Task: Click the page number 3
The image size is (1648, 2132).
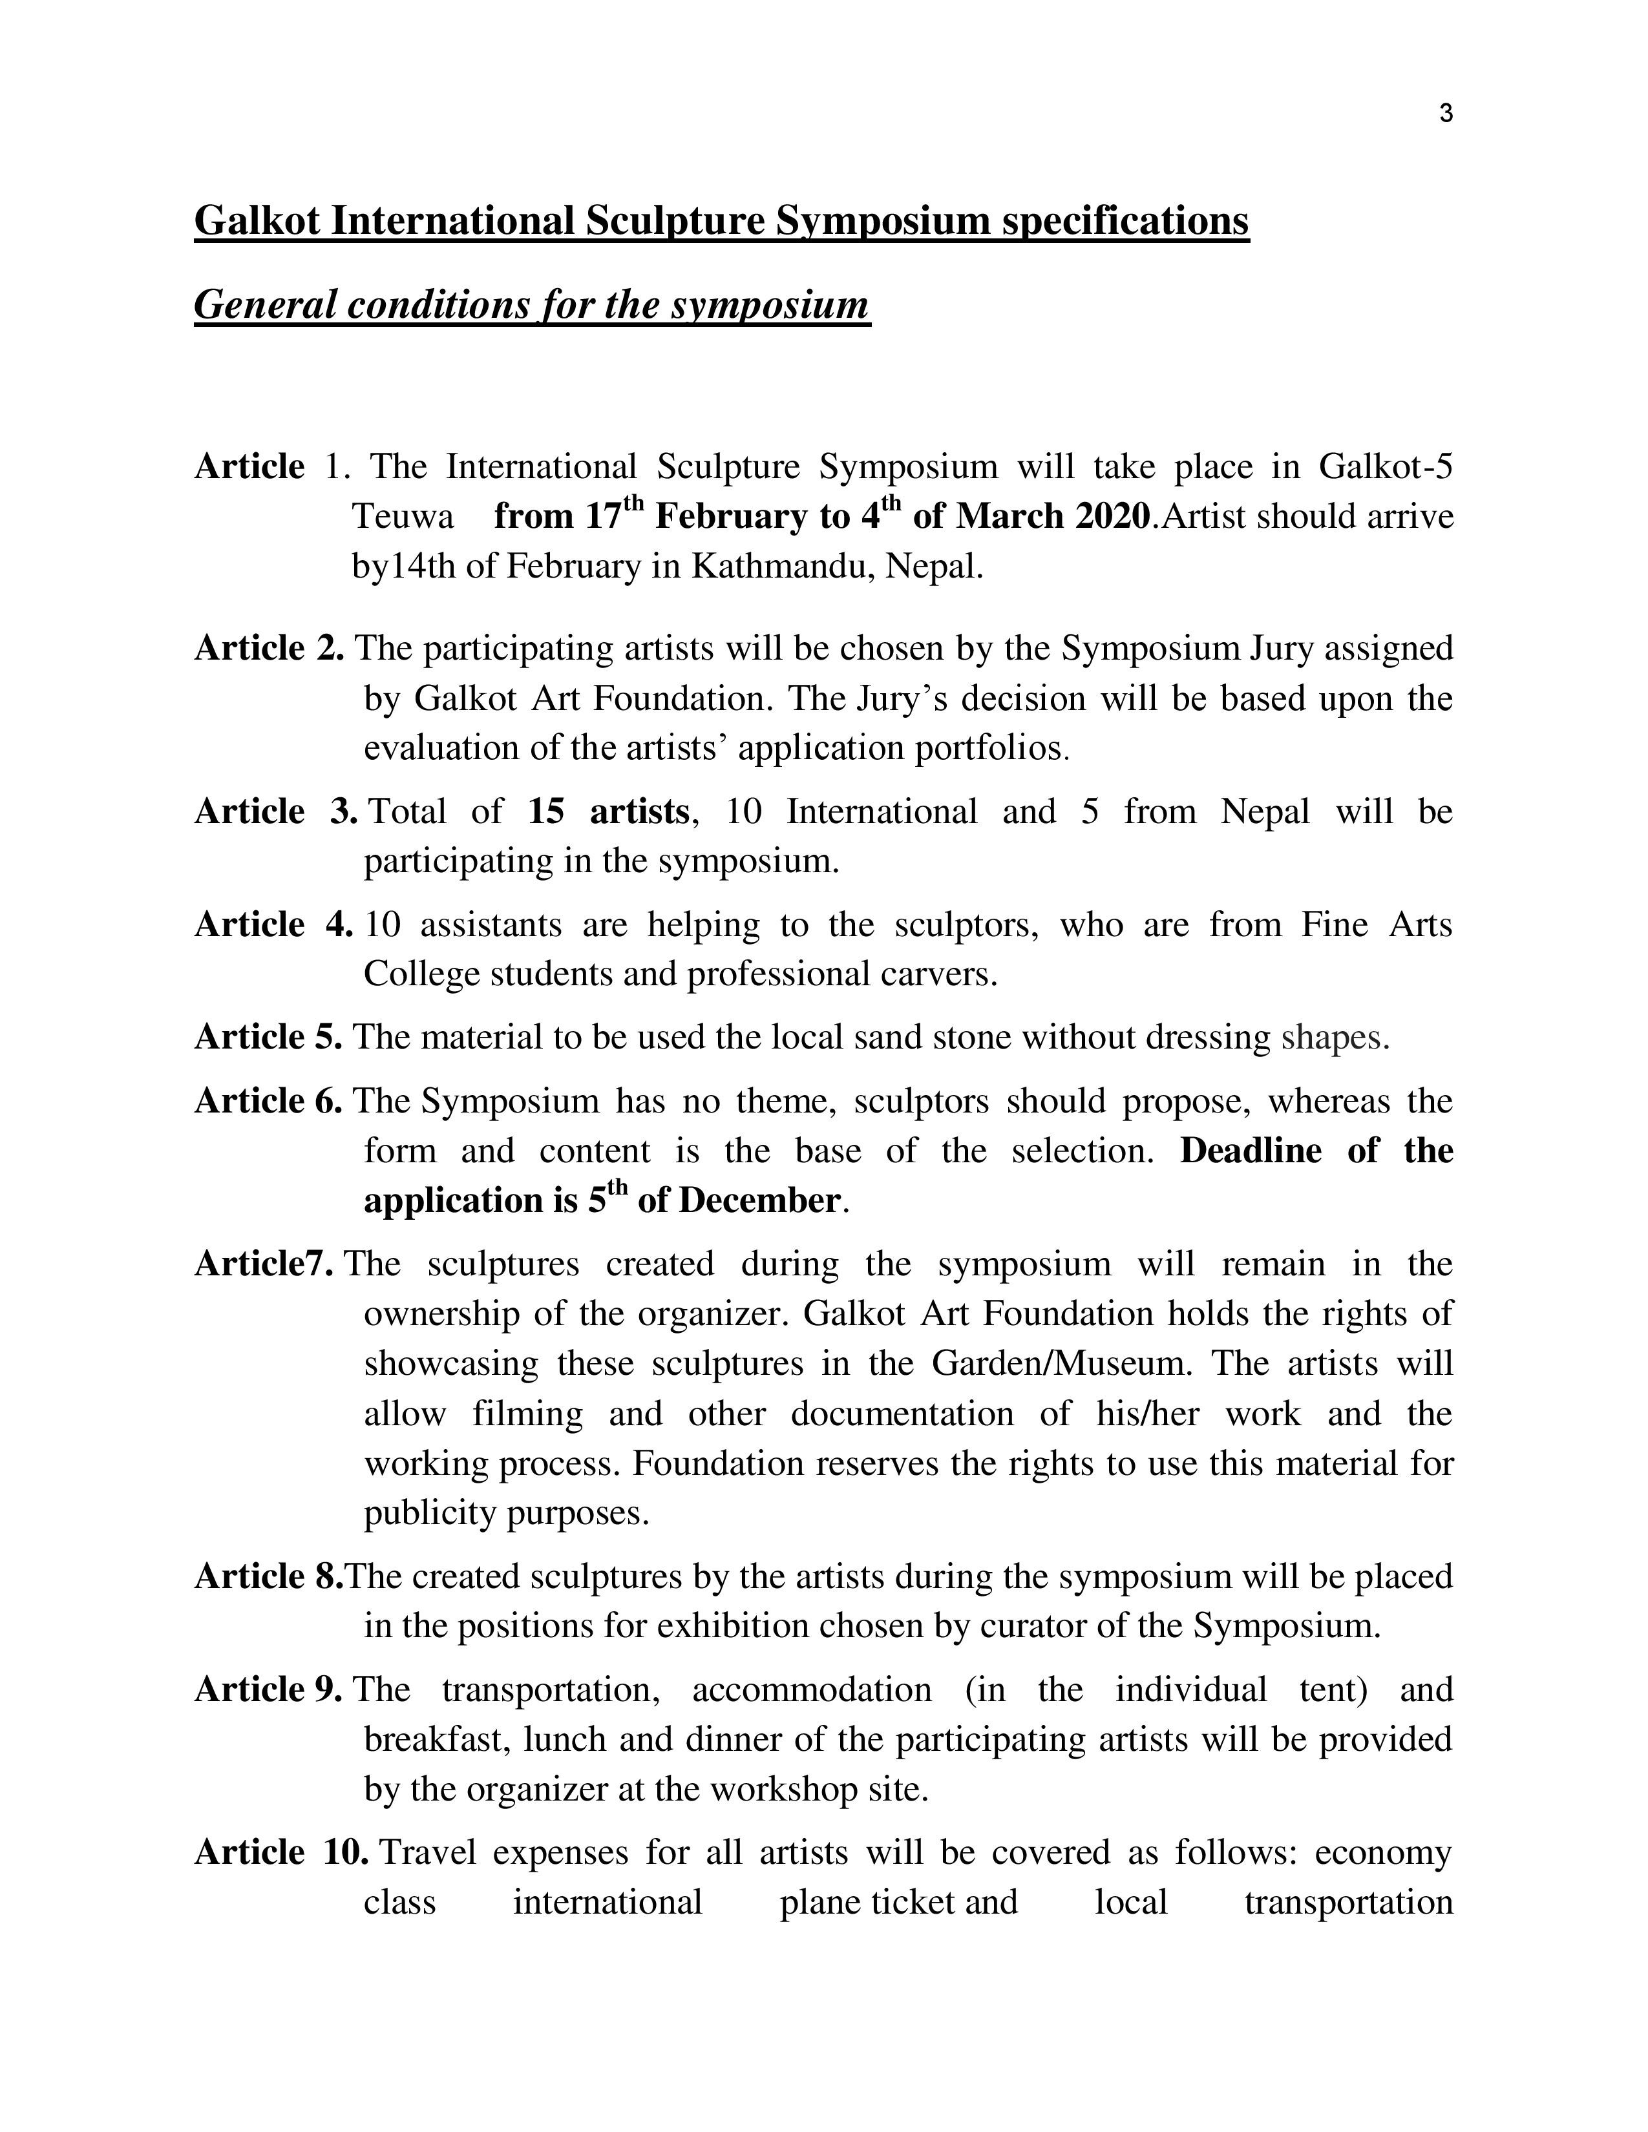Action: pos(1446,114)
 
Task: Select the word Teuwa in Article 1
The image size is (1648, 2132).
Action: pos(402,516)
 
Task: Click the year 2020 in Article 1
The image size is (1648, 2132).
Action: pos(1112,516)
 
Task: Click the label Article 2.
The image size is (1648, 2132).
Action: pos(268,648)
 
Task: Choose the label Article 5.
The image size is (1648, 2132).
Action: pos(268,1037)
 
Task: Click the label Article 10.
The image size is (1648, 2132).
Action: pos(281,1853)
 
